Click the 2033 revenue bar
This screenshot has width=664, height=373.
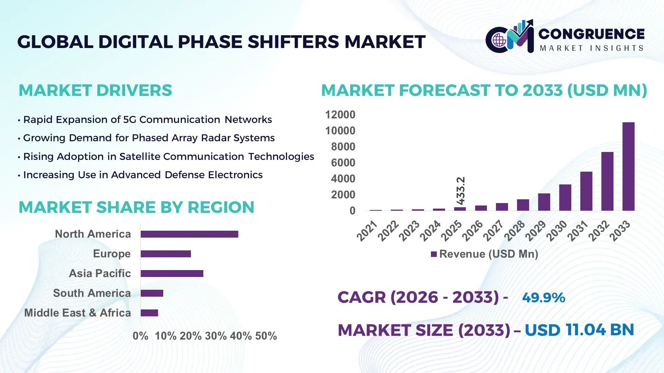pos(628,166)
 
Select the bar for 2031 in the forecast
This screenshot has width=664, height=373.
pos(586,191)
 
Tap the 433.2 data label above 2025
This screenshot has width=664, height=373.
pos(461,191)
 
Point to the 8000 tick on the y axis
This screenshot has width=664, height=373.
pos(343,147)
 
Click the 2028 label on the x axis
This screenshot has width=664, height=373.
pos(515,230)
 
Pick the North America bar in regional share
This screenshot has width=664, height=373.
pos(189,234)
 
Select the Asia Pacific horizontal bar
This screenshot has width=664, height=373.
pos(172,274)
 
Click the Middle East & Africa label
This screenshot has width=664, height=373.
pos(77,313)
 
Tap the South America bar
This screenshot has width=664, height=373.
pos(152,293)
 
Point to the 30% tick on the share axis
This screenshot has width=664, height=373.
pos(216,336)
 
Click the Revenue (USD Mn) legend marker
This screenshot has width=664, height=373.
pos(434,254)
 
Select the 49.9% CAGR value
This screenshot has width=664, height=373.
pos(543,298)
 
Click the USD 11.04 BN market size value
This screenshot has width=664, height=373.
pos(579,330)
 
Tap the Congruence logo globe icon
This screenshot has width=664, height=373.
pos(499,40)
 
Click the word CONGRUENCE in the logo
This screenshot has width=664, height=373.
pos(591,34)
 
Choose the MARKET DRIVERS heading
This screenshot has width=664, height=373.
pos(95,90)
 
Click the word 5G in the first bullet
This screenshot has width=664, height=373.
pos(130,119)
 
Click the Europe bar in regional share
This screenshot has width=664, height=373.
pos(166,254)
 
